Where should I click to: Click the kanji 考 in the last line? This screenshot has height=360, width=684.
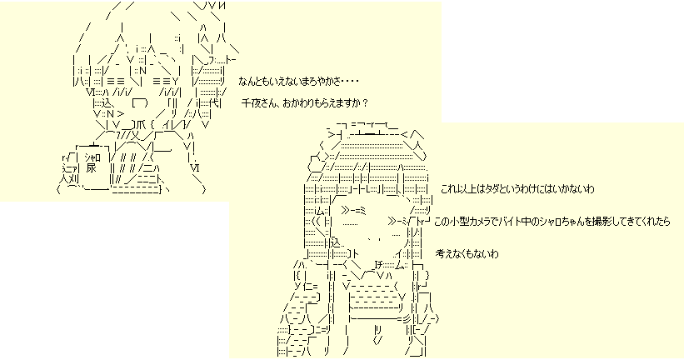click(441, 252)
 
